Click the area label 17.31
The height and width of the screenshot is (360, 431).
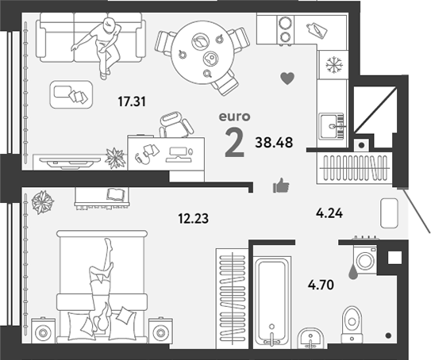(132, 101)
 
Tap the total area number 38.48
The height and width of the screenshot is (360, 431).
(274, 143)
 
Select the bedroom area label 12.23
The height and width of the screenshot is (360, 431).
(193, 219)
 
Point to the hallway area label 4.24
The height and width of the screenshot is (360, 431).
(329, 213)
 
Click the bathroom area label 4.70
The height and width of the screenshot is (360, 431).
(321, 285)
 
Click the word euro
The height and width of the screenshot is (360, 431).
(234, 117)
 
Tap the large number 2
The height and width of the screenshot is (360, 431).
(234, 143)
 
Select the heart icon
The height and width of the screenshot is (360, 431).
(287, 79)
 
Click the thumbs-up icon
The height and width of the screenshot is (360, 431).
(281, 186)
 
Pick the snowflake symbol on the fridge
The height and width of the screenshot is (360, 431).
(333, 65)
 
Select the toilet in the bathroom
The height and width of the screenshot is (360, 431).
(352, 324)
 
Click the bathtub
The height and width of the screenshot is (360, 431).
(272, 301)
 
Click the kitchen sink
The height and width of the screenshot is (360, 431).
(332, 126)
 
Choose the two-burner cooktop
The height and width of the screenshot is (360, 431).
(285, 29)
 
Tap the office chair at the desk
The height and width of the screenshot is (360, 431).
(175, 124)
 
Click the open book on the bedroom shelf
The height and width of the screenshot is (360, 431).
(116, 194)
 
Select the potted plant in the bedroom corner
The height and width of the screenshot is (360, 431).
(42, 202)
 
